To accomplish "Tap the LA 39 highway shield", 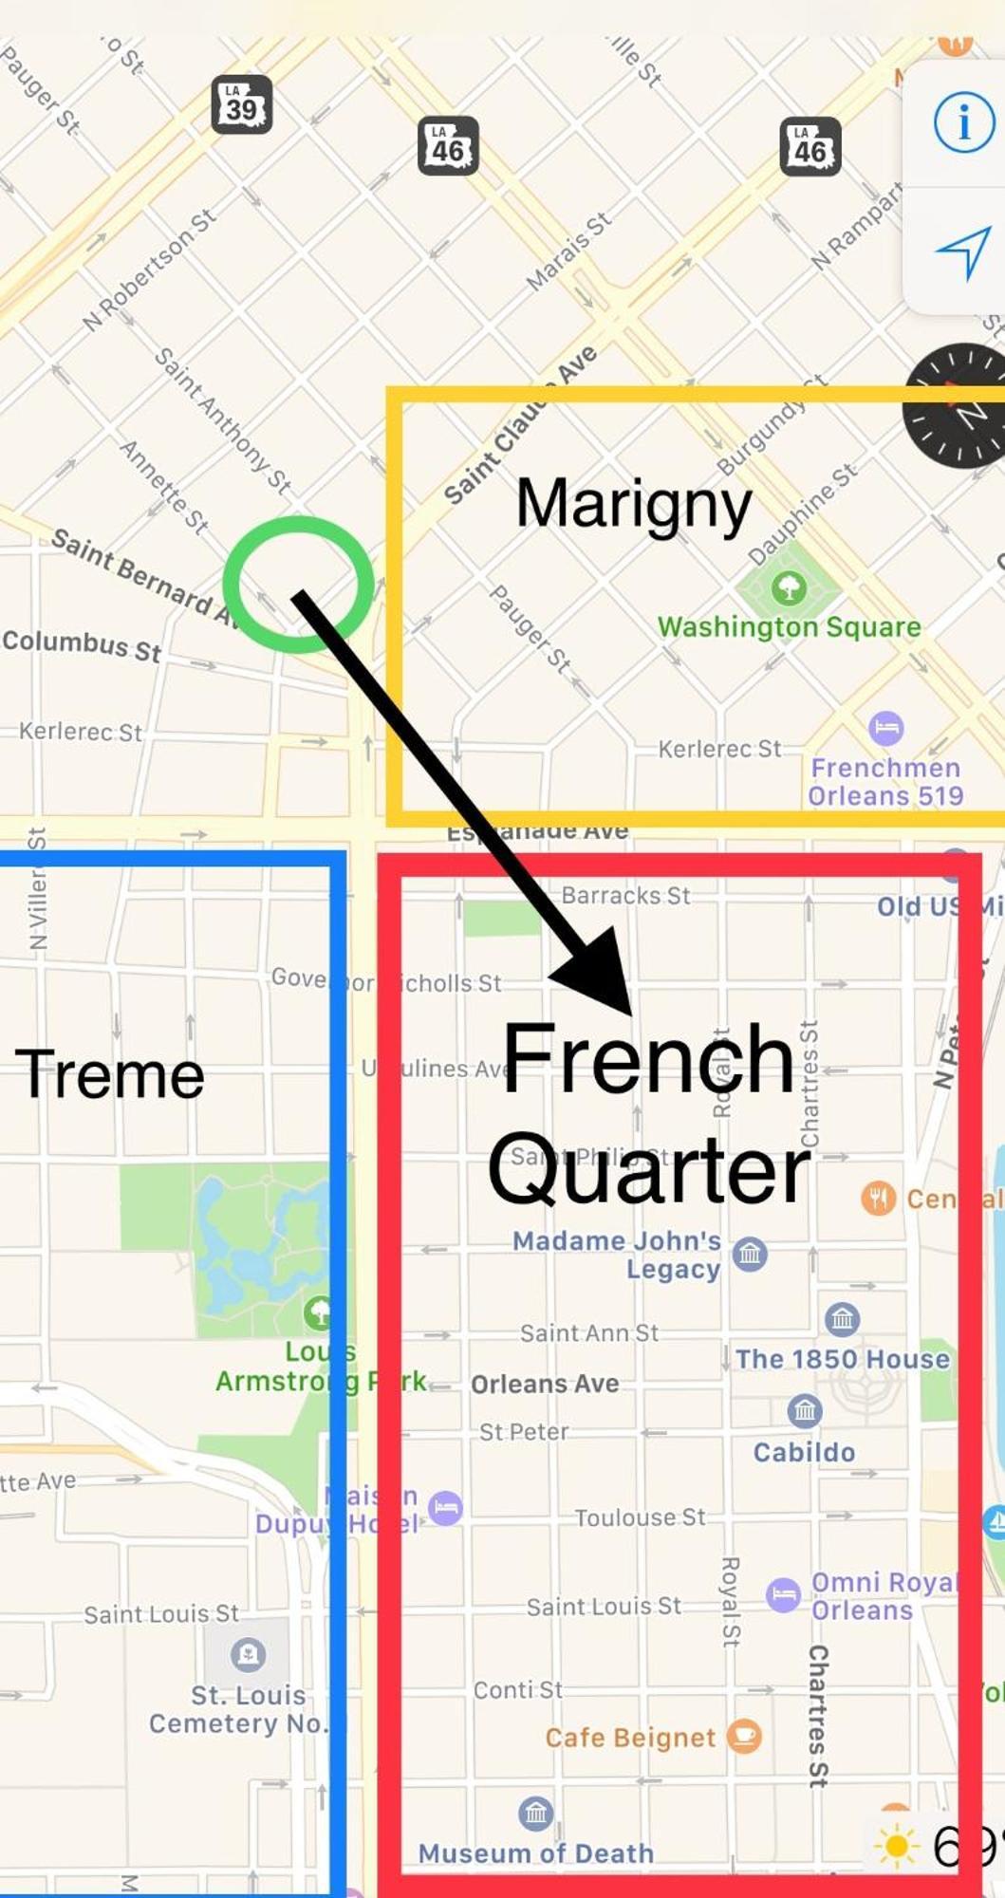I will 241,103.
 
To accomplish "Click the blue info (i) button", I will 963,121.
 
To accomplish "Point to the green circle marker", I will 298,584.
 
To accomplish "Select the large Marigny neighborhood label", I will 633,504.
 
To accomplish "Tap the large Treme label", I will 110,1074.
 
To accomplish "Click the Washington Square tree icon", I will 788,587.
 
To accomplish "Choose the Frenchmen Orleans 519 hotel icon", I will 885,728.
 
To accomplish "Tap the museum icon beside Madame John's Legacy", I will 750,1254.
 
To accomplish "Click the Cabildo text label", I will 804,1452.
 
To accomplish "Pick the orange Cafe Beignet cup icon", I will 744,1736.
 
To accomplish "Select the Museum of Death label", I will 536,1852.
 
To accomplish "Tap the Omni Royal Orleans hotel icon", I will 784,1593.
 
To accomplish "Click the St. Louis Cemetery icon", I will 248,1654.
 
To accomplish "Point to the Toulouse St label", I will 640,1517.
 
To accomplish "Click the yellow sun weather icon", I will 896,1847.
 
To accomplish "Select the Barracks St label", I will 625,895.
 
